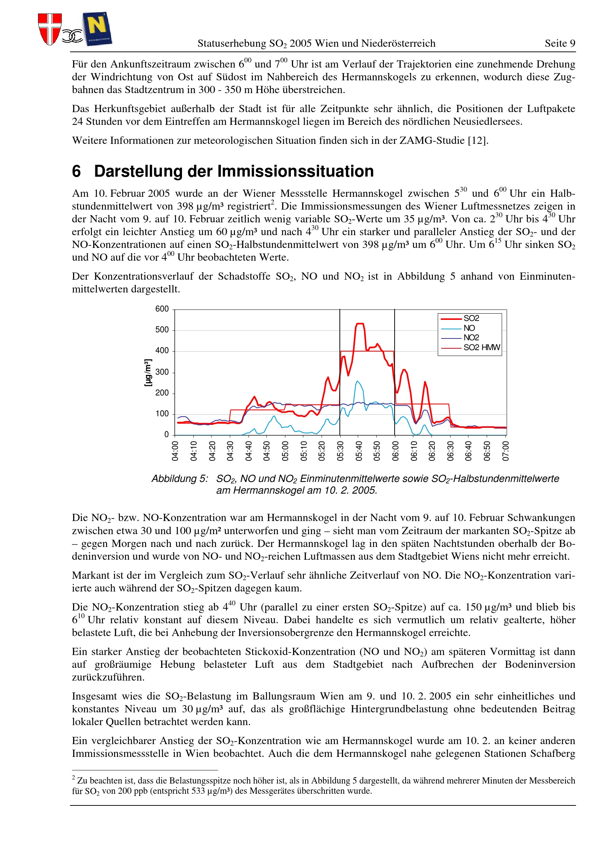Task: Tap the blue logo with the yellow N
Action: (98, 28)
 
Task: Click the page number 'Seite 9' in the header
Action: (560, 43)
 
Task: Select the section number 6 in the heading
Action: (76, 172)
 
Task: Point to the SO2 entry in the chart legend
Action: (471, 318)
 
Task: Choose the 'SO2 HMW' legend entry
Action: (481, 347)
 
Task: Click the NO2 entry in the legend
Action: (471, 338)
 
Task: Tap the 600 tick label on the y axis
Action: (162, 309)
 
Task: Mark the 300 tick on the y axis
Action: (162, 372)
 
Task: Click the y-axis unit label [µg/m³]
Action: (148, 372)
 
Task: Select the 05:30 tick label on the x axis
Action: (341, 451)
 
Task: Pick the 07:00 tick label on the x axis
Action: (506, 451)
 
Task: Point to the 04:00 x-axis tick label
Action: (175, 451)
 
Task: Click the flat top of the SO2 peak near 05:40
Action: (360, 323)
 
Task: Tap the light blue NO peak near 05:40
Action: (357, 381)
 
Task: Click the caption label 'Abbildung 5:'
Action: (180, 479)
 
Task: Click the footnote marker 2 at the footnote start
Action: (74, 778)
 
